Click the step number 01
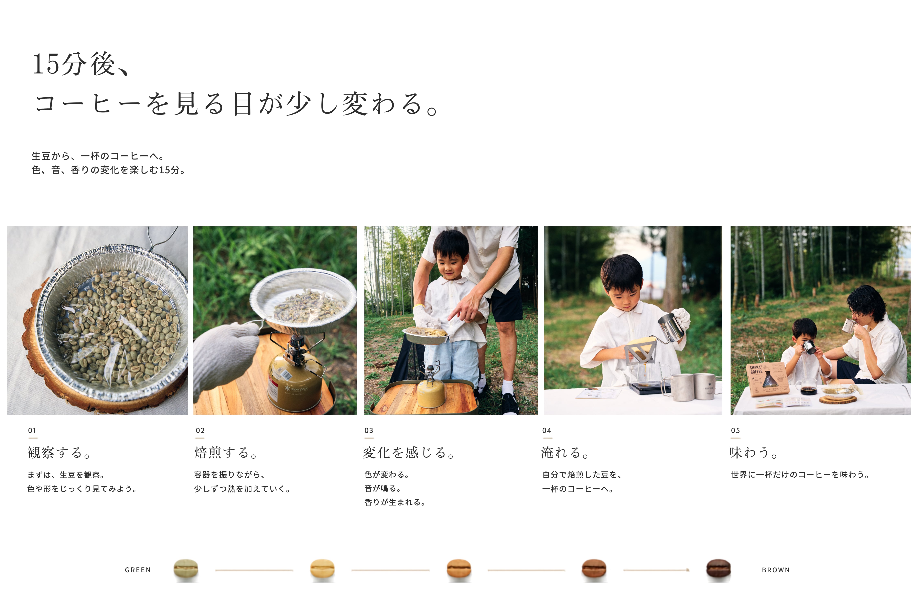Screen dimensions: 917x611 (x=32, y=431)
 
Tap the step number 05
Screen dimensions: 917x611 (x=735, y=431)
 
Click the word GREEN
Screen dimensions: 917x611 (x=138, y=570)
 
